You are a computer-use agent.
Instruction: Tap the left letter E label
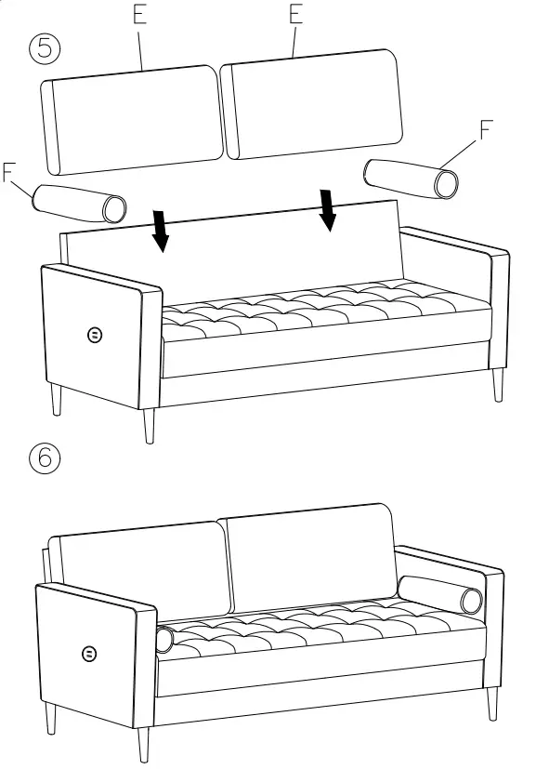point(139,16)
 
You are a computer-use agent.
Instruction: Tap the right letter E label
point(296,14)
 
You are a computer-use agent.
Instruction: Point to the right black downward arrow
point(327,209)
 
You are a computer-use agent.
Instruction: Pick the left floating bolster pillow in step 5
point(81,203)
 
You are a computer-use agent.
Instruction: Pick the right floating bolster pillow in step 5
point(412,177)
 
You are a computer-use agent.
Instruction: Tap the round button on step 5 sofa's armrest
point(94,334)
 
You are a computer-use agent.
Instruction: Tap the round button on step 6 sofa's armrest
point(88,654)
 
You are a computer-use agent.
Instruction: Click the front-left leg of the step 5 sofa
point(149,425)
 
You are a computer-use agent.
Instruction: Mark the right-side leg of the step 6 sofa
point(490,703)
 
